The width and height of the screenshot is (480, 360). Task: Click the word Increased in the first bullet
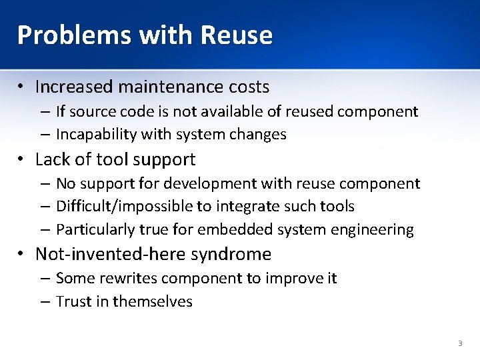[73, 87]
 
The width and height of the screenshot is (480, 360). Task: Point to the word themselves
[153, 301]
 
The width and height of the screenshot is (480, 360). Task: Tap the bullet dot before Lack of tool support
[22, 160]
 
